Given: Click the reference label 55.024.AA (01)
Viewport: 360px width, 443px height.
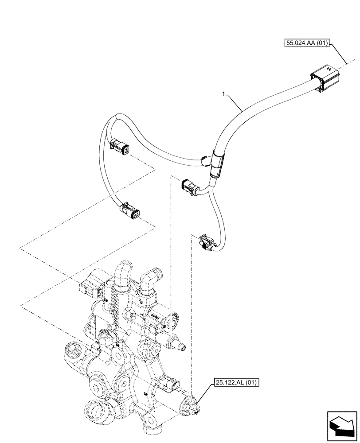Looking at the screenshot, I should point(307,43).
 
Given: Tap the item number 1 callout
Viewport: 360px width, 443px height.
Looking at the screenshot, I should point(225,94).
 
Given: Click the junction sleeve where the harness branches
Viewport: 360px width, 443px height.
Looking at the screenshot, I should point(217,163).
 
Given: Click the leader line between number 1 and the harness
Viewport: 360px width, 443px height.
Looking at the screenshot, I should point(235,102).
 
